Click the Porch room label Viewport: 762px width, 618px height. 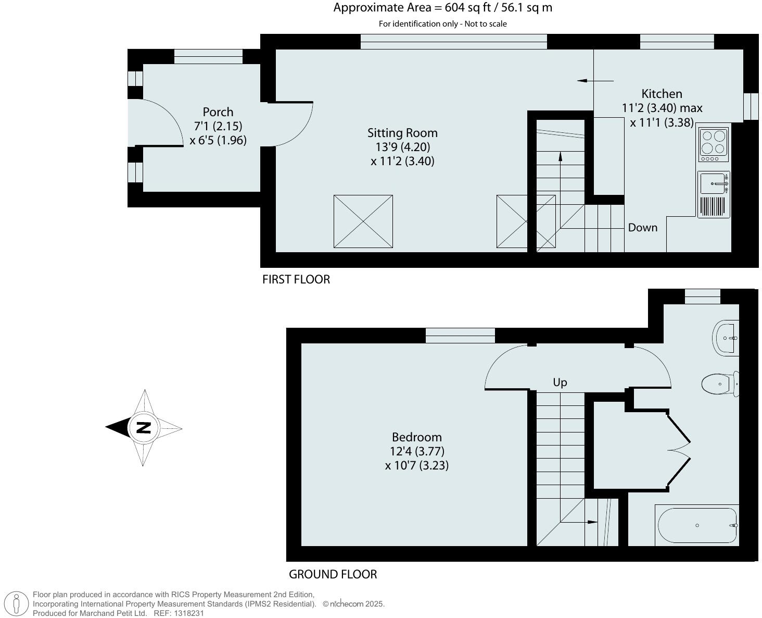218,112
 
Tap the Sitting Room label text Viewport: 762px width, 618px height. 402,133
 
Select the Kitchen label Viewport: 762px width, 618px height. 662,94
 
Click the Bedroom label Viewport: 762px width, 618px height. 416,437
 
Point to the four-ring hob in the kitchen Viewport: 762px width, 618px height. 713,144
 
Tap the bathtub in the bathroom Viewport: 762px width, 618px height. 697,525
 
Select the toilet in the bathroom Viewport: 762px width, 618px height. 718,384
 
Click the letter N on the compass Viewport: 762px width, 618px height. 143,428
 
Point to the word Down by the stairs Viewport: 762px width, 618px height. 642,228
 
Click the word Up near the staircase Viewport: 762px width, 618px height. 560,382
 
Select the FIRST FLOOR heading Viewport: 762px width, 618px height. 296,279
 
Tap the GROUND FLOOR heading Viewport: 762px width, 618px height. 333,574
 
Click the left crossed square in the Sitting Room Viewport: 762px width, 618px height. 363,221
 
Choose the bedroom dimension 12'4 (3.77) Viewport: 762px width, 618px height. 417,451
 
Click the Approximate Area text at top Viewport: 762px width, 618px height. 442,8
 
